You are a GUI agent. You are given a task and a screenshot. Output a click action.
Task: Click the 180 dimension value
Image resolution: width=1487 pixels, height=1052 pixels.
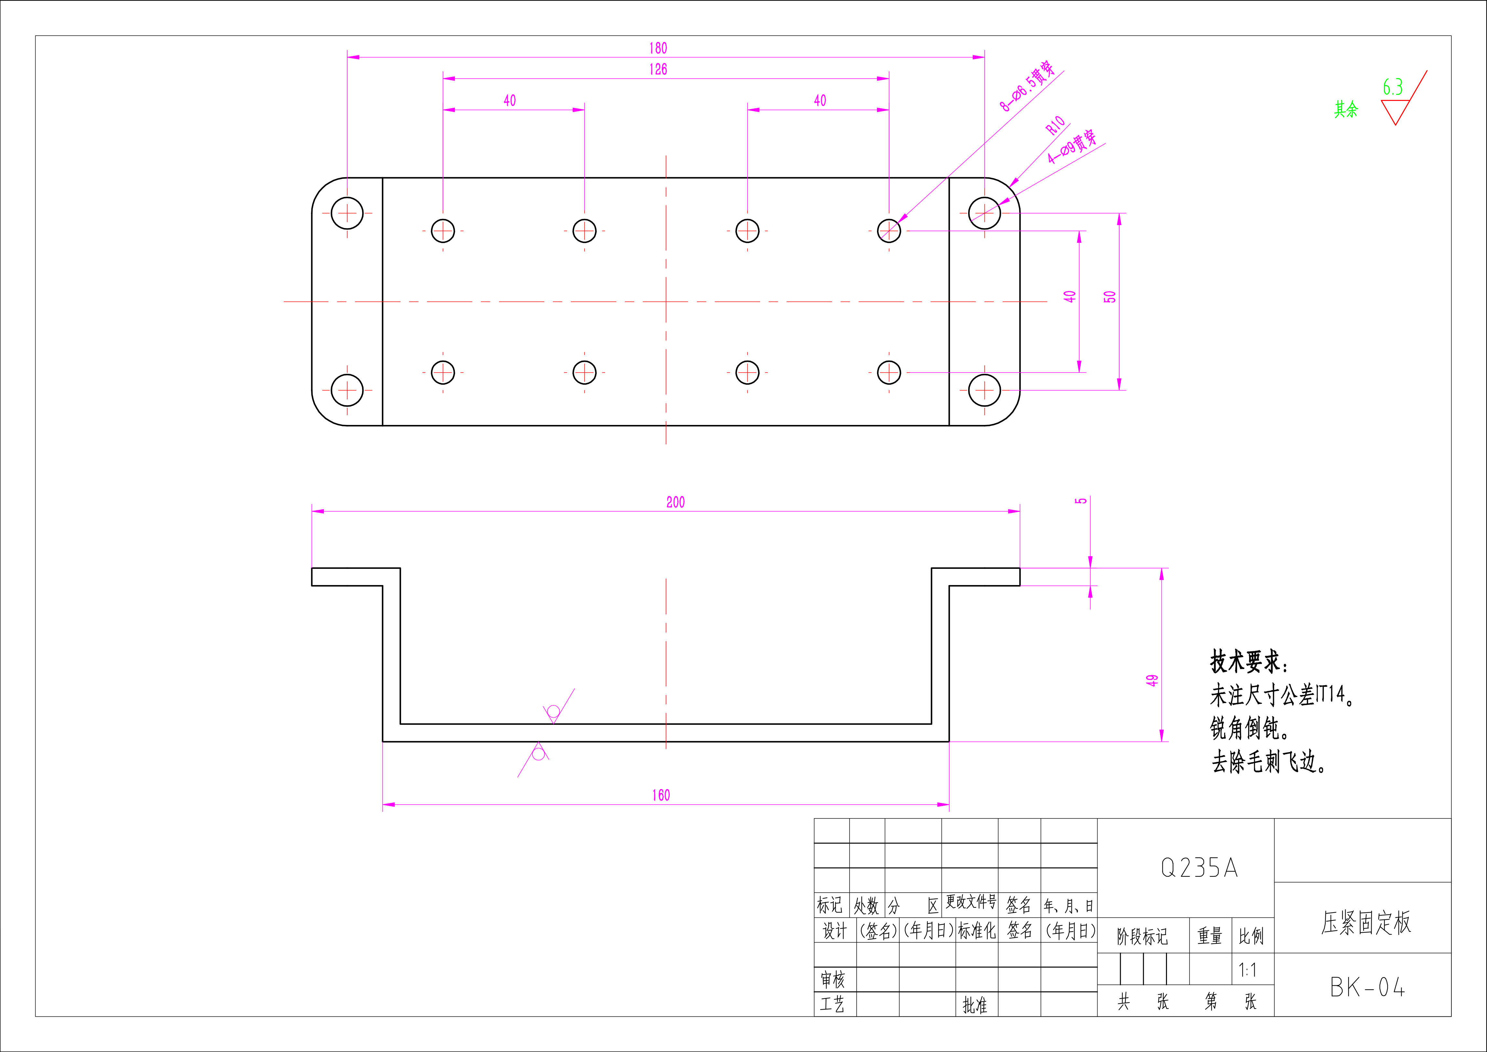point(658,48)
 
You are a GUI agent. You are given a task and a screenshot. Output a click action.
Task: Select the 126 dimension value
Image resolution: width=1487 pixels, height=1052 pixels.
point(658,69)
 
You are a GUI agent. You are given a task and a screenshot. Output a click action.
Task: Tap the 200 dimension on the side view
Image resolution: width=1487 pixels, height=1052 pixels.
point(676,502)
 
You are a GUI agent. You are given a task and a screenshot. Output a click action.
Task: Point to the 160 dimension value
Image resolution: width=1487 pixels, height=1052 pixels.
point(661,796)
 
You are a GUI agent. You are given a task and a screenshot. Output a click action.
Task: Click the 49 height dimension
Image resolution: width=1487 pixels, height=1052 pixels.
point(1151,680)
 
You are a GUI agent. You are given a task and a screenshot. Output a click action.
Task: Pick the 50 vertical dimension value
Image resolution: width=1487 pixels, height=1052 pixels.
point(1109,297)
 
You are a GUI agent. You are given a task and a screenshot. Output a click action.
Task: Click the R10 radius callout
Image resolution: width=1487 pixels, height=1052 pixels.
point(1056,125)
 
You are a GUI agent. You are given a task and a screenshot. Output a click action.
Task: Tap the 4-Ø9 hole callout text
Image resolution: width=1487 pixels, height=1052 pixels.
point(1073,146)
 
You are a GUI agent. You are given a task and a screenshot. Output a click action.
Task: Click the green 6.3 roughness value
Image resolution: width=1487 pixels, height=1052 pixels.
point(1392,87)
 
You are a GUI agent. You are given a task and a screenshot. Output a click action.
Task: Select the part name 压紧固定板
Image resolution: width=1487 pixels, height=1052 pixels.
point(1366,922)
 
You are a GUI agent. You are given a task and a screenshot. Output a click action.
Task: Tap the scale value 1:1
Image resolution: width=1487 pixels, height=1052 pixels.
point(1247,970)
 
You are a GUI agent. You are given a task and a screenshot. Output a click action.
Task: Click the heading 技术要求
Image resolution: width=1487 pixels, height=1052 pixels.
point(1249,661)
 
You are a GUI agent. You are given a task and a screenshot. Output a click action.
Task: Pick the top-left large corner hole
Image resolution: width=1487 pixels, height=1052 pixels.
point(347,213)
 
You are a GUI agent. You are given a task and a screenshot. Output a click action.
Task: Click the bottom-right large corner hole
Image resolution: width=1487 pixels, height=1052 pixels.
point(984,390)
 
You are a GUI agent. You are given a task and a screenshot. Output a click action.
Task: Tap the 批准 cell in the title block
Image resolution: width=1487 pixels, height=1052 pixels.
point(975,1005)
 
